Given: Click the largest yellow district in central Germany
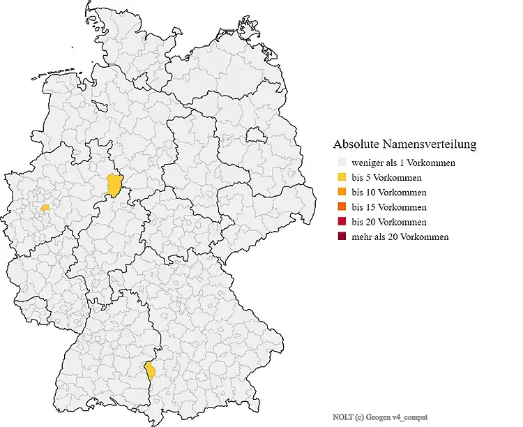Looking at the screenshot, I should [114, 186].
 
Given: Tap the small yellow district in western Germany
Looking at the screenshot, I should [45, 207].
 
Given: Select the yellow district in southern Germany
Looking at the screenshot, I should [149, 370].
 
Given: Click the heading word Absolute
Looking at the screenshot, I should [356, 145].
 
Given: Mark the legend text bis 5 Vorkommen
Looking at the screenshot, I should [386, 177].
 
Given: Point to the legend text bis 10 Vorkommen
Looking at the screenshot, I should [388, 192].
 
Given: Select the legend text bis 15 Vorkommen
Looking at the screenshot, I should [388, 207].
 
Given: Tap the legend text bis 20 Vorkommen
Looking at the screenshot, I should [388, 222].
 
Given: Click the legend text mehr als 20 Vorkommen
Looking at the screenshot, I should [400, 237].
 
